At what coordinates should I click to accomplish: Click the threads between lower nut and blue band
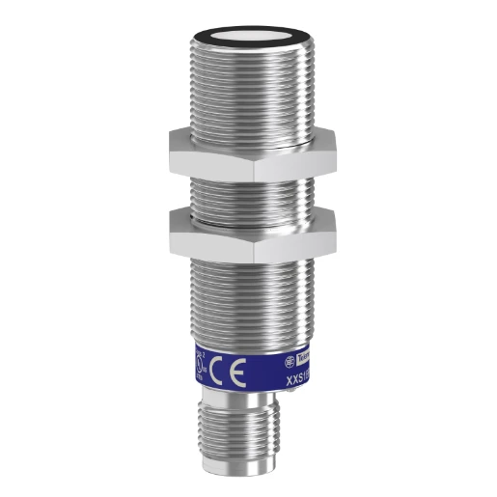(x=248, y=290)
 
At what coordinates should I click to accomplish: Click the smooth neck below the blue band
(x=248, y=399)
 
